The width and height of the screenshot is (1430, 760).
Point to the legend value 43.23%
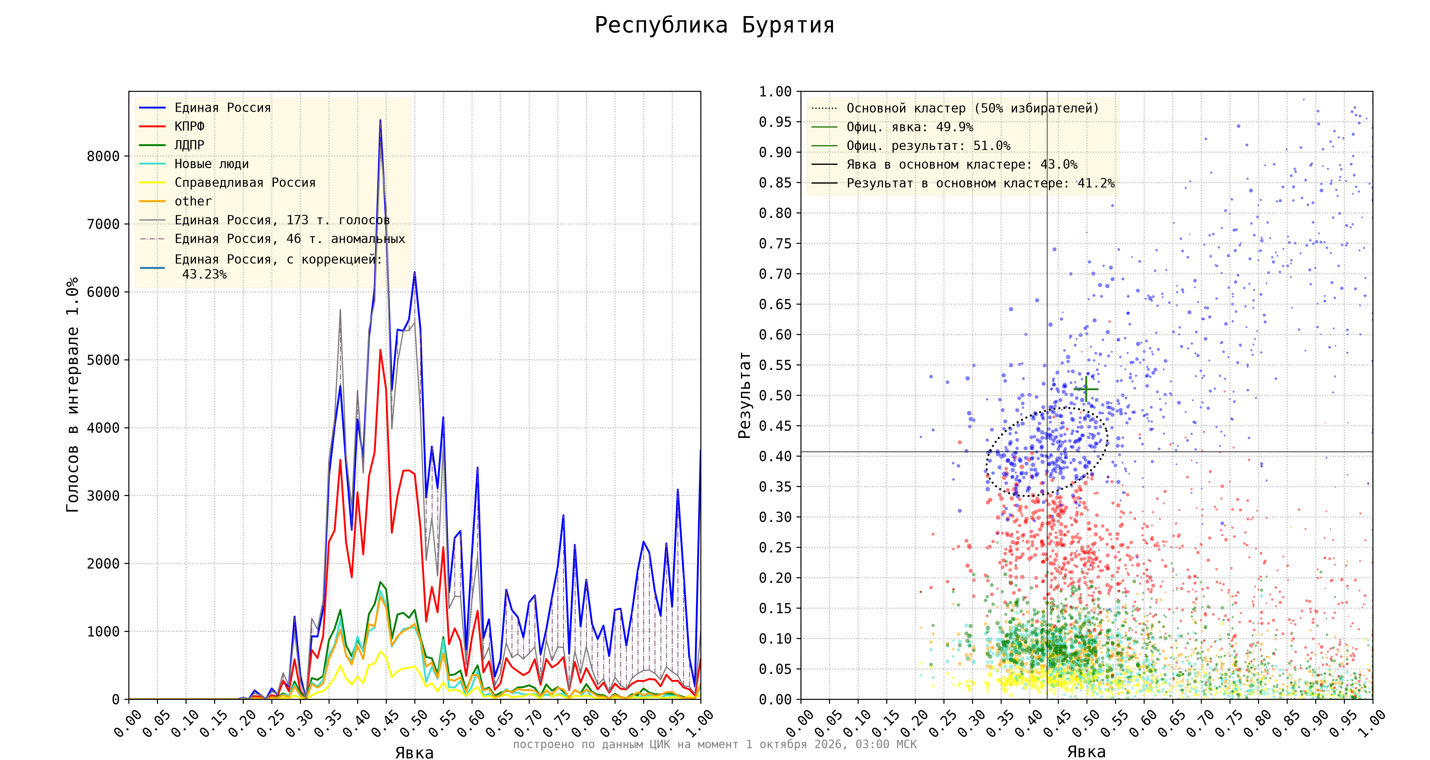(204, 274)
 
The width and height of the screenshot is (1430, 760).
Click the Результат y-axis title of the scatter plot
(744, 395)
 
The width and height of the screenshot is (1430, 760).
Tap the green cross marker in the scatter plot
(1086, 389)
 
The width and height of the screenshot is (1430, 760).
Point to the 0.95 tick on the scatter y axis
(775, 122)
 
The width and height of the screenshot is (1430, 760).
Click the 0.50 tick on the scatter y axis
(775, 395)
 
